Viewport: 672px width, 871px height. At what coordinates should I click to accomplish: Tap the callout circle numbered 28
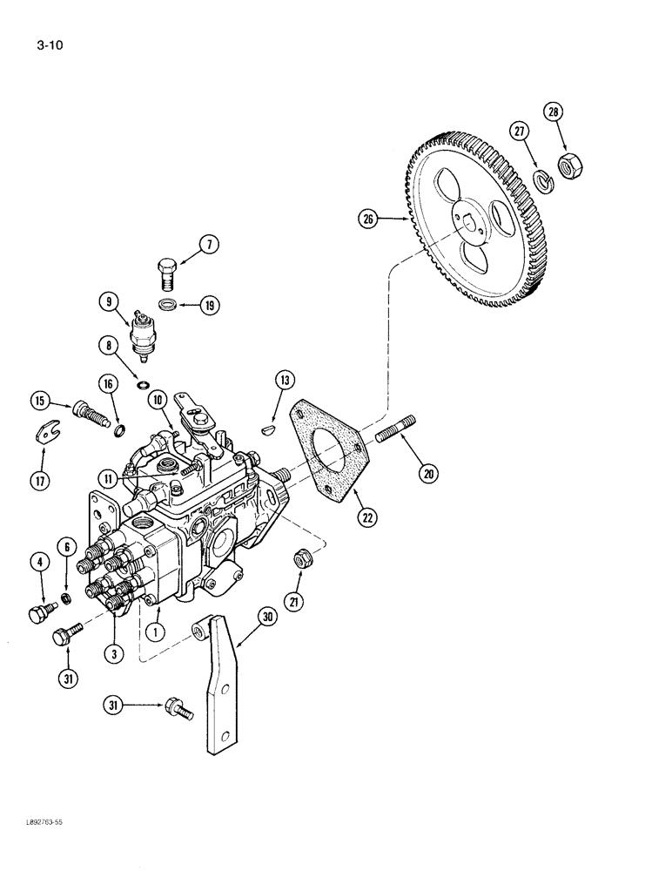554,112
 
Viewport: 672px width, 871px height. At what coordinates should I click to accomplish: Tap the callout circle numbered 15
39,401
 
